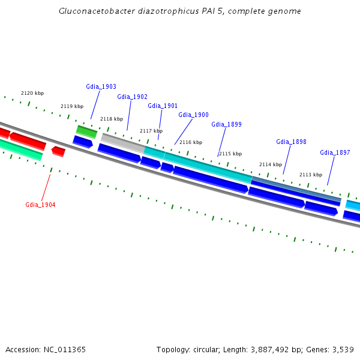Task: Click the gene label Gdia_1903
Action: [x=101, y=86]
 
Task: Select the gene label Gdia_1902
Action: [x=132, y=97]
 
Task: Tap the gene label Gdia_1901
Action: [x=163, y=106]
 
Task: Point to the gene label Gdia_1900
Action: [x=193, y=115]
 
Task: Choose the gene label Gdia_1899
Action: [x=226, y=124]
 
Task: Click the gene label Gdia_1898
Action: [x=291, y=142]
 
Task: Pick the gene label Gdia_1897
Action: [x=335, y=152]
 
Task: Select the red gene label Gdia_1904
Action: [x=40, y=205]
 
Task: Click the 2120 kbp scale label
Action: [x=32, y=93]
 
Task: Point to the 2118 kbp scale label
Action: [x=112, y=119]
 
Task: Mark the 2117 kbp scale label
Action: [x=151, y=131]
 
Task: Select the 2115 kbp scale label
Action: [x=230, y=154]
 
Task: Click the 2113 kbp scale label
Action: [x=311, y=175]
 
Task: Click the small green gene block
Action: [x=86, y=131]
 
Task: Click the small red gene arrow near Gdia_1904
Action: [x=58, y=151]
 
